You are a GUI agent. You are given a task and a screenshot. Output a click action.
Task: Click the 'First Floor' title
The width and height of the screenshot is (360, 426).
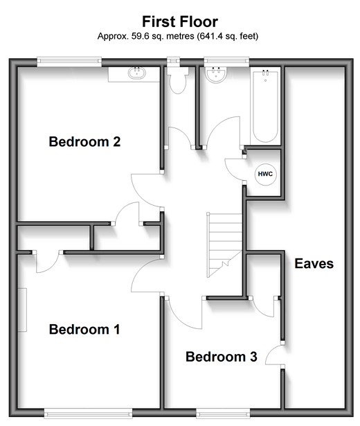coord(180,21)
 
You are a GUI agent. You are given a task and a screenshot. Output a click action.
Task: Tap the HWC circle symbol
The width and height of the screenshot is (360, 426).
coord(266,174)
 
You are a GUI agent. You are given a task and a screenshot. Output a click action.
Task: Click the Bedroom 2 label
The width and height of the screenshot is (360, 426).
coord(84,141)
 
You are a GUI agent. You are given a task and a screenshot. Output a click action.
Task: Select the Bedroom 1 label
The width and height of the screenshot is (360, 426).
coord(84,329)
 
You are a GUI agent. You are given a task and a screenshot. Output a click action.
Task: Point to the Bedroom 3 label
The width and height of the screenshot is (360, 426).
coord(222,357)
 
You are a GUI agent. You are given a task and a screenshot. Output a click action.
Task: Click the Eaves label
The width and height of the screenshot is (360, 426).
coord(314,263)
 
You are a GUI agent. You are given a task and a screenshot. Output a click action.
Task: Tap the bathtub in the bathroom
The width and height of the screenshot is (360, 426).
coord(265,106)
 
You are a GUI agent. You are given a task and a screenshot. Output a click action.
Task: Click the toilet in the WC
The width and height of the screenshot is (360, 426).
coord(178,80)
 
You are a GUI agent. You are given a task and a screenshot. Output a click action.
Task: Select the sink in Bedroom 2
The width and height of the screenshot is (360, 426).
coord(137,73)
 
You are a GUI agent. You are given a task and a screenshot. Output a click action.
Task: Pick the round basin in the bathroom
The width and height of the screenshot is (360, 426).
coord(216,75)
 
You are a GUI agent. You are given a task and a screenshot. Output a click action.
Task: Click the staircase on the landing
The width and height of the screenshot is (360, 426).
coord(225,245)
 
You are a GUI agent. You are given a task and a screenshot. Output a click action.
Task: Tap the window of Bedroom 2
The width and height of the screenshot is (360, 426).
coord(69,62)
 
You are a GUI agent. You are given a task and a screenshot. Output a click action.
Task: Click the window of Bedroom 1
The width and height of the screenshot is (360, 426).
coord(88,414)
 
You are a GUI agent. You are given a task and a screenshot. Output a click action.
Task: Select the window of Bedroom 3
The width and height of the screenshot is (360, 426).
coord(223,414)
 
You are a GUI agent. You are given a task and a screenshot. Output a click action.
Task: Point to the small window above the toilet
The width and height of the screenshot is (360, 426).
coord(173,62)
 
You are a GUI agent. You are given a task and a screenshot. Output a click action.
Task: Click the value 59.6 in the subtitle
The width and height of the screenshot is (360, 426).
coord(141,36)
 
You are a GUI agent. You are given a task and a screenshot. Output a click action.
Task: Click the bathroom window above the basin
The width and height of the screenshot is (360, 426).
coord(226,62)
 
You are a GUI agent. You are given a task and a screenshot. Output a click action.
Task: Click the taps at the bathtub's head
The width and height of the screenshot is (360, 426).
coord(266,73)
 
